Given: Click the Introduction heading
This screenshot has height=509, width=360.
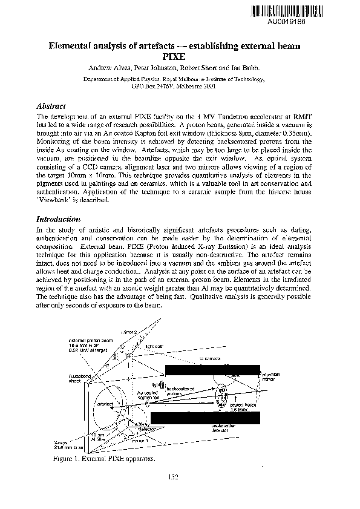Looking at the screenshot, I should point(59,218).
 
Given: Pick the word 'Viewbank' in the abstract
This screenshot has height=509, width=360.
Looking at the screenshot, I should point(54,200).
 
